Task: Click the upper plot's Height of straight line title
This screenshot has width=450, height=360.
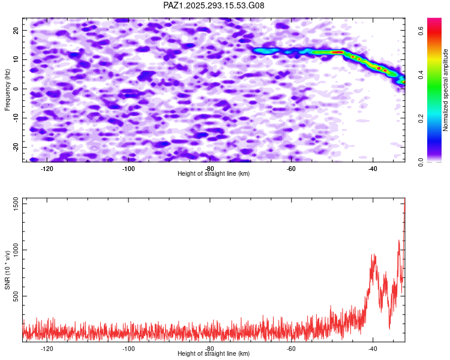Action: (x=214, y=173)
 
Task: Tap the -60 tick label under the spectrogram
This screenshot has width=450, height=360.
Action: (x=291, y=169)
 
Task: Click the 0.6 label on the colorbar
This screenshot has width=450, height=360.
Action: (x=422, y=31)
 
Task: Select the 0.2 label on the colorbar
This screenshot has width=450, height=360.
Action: (x=422, y=118)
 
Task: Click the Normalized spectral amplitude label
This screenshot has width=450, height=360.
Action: (x=446, y=90)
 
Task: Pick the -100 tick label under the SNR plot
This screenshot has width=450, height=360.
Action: (x=128, y=349)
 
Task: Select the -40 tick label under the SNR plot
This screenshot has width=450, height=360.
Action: (x=373, y=349)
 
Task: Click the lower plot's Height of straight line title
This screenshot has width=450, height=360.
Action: (x=214, y=353)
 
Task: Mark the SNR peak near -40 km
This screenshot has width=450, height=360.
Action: (x=373, y=254)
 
